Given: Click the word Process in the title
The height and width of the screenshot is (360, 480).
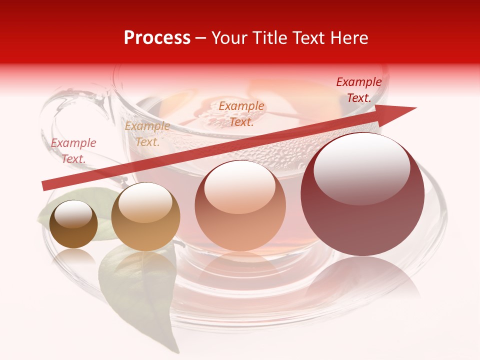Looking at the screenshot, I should click(x=157, y=38).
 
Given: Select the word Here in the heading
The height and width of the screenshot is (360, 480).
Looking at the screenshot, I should click(x=348, y=38).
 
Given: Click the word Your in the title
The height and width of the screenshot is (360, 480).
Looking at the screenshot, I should click(x=229, y=38).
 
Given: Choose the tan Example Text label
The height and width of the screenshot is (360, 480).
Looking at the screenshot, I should click(x=147, y=134).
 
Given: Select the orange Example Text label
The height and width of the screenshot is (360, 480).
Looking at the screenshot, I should click(x=241, y=113).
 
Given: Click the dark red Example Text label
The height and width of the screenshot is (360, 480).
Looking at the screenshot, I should click(x=359, y=90).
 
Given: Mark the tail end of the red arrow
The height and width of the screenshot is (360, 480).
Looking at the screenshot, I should click(x=45, y=186).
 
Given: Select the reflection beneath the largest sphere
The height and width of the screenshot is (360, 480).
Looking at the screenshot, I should click(x=362, y=280).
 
